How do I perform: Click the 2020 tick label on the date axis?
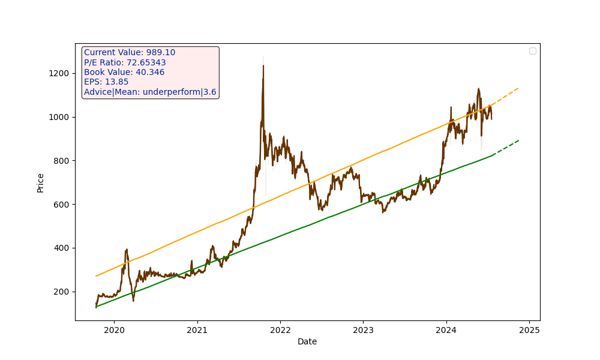(x=114, y=329)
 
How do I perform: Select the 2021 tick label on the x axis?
(x=197, y=329)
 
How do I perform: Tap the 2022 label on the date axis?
(x=280, y=329)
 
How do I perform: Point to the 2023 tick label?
(x=363, y=329)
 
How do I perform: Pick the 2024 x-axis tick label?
(x=446, y=329)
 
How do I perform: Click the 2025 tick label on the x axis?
(x=529, y=329)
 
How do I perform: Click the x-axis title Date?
(x=307, y=341)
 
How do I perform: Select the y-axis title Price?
(x=41, y=182)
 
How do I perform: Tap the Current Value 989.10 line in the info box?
(x=130, y=53)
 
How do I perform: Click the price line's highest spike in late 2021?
(x=263, y=66)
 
